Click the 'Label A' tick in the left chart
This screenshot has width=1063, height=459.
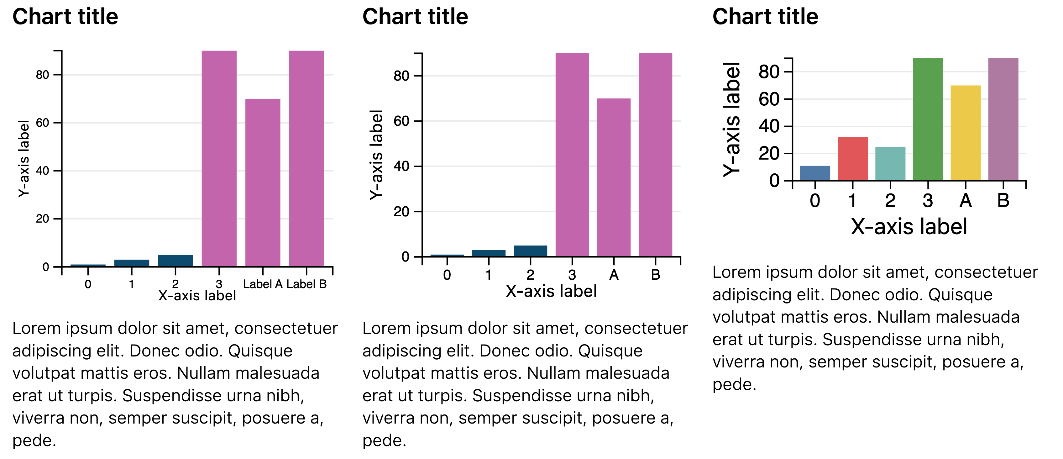coord(262,284)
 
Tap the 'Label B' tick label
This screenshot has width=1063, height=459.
coord(306,284)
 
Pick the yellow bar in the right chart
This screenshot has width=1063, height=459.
coord(965,133)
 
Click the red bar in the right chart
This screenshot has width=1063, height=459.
coord(852,159)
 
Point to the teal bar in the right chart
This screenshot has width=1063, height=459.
coord(890,163)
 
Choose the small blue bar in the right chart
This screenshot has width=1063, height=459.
coord(815,173)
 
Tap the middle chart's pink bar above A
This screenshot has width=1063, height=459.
coord(614,177)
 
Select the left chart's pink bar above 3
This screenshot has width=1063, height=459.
coord(219,159)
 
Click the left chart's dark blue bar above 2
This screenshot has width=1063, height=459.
coord(175,261)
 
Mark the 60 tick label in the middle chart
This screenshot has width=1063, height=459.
coord(401,121)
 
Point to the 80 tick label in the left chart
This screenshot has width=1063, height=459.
coord(43,75)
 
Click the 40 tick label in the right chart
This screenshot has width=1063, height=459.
coord(769,126)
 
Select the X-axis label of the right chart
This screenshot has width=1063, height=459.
coord(909,227)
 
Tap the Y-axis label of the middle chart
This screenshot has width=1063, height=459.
coord(376,155)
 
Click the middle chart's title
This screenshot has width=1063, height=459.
coord(415,17)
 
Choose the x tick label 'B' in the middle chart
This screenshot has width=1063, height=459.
coord(655,275)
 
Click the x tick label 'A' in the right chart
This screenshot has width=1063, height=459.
coord(965,201)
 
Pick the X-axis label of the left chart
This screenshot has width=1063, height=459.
coord(197,296)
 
